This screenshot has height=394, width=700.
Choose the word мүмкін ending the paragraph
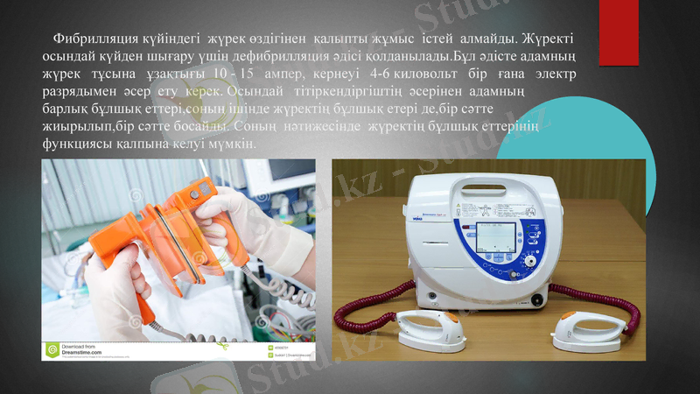(x=231, y=144)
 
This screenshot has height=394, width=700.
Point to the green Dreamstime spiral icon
(x=52, y=351)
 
